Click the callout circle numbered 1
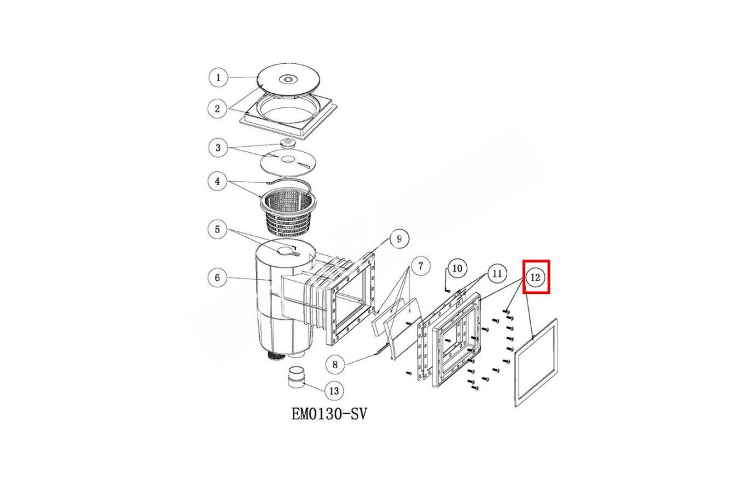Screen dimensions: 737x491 click(x=218, y=78)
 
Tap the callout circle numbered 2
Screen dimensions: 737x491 click(x=217, y=109)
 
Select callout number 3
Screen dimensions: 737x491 click(x=218, y=148)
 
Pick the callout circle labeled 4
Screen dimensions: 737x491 click(x=217, y=181)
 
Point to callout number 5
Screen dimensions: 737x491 click(x=217, y=229)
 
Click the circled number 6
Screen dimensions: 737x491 click(x=217, y=278)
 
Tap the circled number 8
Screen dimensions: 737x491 click(x=335, y=365)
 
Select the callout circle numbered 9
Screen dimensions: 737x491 click(x=399, y=238)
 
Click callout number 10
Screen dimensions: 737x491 click(x=458, y=269)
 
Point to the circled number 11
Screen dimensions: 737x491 click(x=497, y=274)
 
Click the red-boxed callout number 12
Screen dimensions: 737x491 click(x=536, y=277)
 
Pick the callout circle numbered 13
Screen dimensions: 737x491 click(x=334, y=391)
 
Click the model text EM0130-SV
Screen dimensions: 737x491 click(x=329, y=414)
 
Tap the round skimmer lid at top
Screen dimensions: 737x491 click(x=288, y=80)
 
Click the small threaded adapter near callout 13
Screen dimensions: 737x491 click(x=297, y=377)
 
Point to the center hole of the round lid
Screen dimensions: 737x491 click(x=288, y=79)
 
